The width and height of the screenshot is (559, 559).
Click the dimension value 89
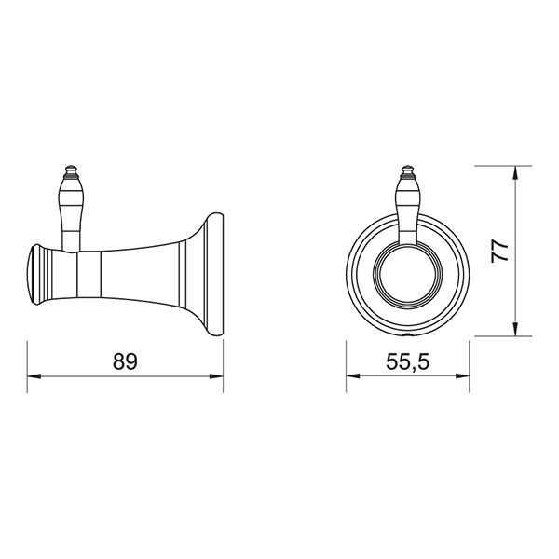[x=125, y=361]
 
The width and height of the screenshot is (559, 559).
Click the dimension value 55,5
[x=408, y=361]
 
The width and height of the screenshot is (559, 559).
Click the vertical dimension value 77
[x=499, y=252]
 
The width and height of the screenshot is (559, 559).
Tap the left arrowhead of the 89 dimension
[x=34, y=376]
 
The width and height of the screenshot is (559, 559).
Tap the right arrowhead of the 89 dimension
[x=216, y=376]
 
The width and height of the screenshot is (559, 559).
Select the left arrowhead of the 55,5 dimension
[x=353, y=376]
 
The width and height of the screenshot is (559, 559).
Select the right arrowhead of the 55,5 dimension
[x=462, y=376]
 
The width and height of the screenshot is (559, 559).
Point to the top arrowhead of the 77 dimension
[x=515, y=173]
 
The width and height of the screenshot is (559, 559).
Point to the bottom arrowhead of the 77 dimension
[x=515, y=329]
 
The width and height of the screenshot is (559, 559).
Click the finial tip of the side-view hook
[x=71, y=167]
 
